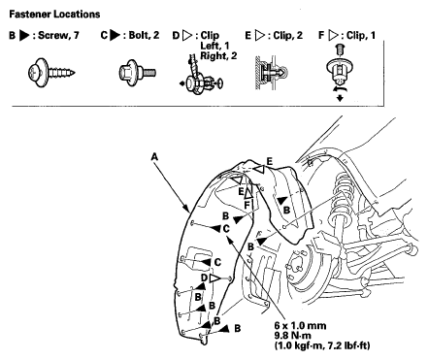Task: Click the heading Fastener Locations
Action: [x=54, y=15]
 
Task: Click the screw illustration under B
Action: [x=51, y=73]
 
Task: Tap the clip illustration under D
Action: [x=201, y=77]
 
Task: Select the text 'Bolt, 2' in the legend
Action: [x=144, y=35]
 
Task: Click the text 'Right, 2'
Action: [x=218, y=55]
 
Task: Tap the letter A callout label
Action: [x=154, y=157]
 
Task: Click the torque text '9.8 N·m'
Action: [x=292, y=336]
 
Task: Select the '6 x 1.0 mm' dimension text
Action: [x=300, y=325]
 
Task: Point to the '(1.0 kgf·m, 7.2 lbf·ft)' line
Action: [x=322, y=345]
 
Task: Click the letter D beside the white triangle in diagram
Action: [x=204, y=278]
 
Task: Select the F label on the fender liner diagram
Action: [x=247, y=205]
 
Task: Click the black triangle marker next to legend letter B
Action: [x=24, y=35]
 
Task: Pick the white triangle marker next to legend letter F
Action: [x=334, y=35]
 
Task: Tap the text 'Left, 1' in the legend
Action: [x=214, y=46]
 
